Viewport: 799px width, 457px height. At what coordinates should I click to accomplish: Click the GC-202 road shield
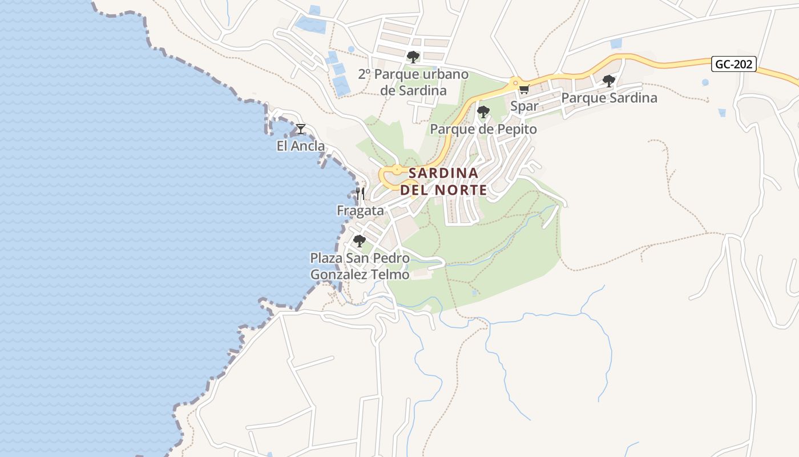coord(735,64)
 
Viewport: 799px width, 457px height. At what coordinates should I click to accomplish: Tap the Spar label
coord(524,106)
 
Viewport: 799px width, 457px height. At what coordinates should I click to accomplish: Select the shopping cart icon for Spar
coord(524,89)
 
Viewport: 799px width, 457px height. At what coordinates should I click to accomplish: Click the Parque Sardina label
coord(609,98)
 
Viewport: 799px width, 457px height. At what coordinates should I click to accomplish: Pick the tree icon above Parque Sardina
coord(609,81)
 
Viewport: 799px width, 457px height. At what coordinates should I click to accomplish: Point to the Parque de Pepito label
coord(483,129)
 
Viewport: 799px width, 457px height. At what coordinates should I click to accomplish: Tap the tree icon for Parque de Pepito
coord(483,112)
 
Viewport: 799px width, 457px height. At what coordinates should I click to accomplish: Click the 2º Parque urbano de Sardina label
coord(413,82)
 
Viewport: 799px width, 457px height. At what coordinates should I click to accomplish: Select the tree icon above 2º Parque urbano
coord(413,57)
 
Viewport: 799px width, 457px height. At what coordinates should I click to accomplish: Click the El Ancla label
coord(301,146)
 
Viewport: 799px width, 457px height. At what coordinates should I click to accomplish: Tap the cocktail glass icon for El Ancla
coord(301,129)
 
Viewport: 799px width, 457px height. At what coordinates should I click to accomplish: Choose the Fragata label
coord(360,211)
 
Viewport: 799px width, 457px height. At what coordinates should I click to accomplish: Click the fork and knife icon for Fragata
coord(360,194)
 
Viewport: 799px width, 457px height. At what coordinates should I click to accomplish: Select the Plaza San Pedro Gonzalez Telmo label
coord(360,266)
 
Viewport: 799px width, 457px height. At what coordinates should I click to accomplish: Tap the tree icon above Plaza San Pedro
coord(359,241)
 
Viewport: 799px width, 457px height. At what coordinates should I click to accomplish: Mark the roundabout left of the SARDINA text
coord(396,170)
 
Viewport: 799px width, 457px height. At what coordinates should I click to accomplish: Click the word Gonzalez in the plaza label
coord(337,275)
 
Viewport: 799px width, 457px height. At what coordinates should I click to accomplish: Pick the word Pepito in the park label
coord(517,129)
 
